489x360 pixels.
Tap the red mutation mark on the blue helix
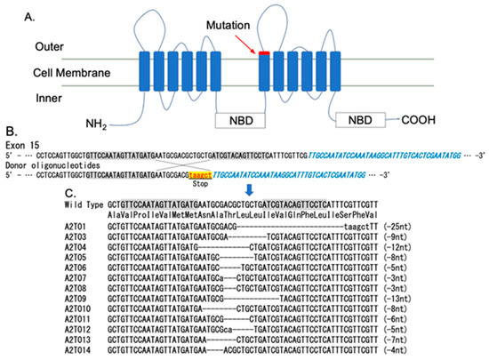(x=265, y=55)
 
